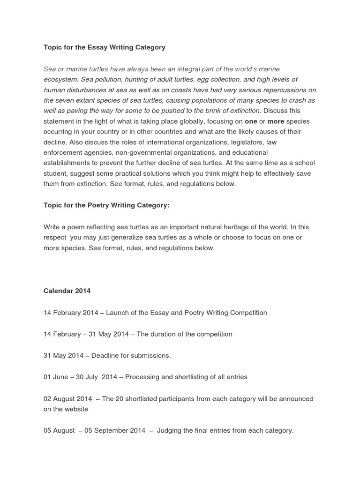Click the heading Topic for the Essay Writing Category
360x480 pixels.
point(105,47)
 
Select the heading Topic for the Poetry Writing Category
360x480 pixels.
point(106,205)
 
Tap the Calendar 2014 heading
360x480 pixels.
point(67,291)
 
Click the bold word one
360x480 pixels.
point(251,121)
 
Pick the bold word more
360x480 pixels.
point(276,121)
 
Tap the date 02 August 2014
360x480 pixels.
point(67,399)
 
